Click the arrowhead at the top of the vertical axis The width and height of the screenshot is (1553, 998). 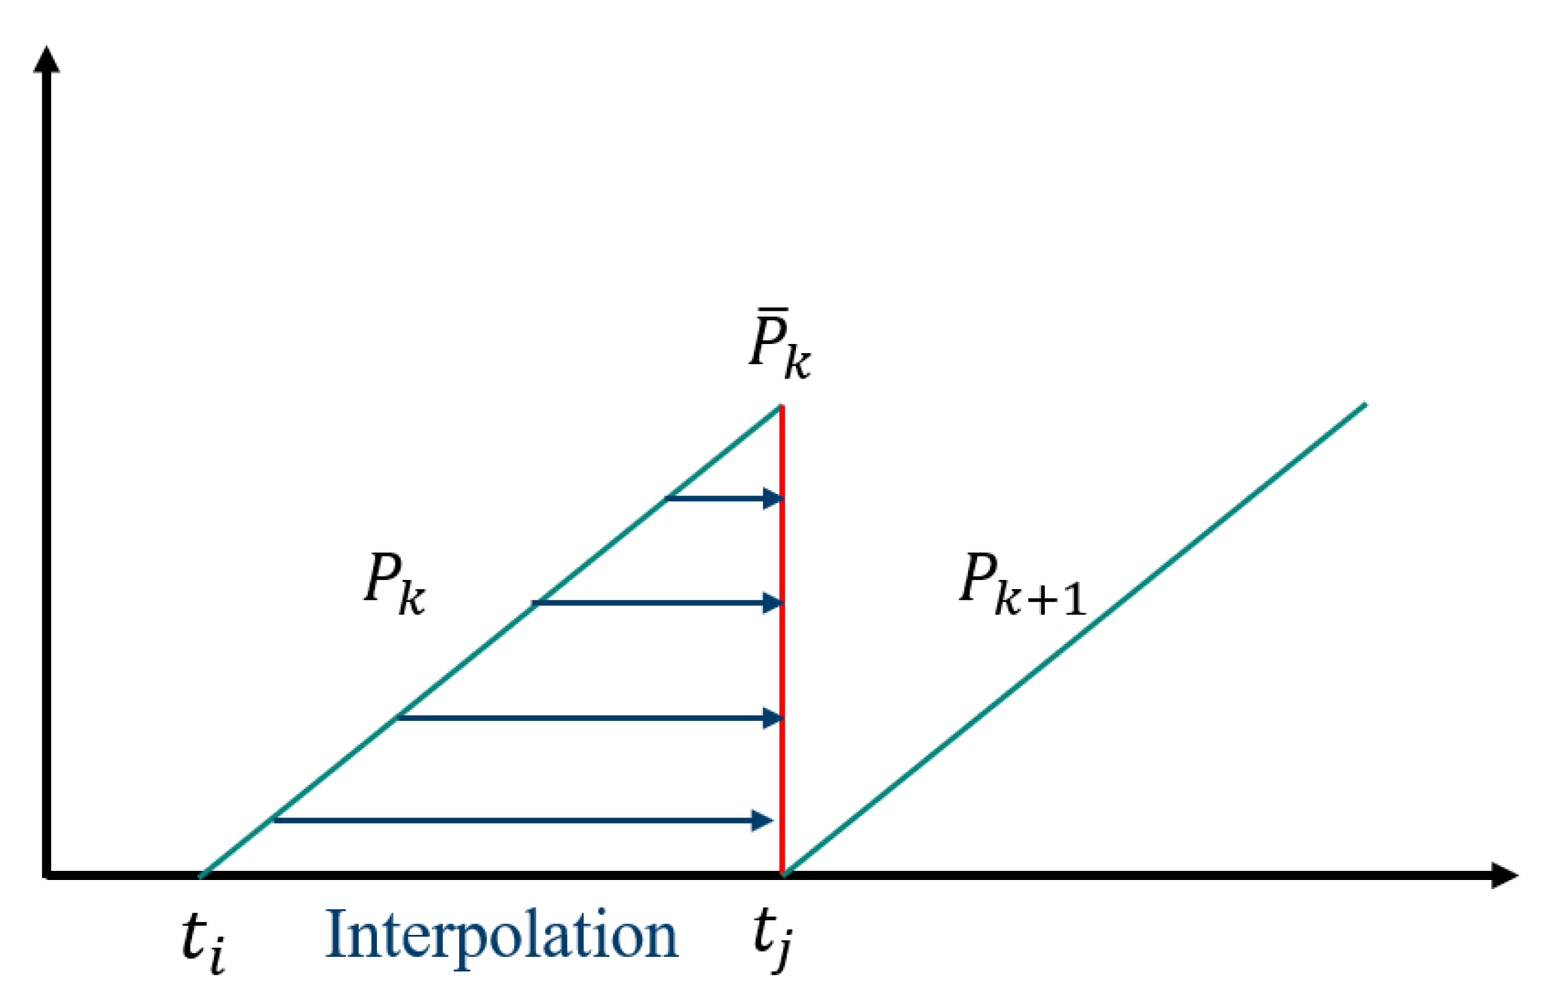pos(46,59)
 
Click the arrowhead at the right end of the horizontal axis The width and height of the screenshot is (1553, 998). pos(1504,875)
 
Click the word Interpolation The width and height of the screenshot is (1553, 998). pos(501,935)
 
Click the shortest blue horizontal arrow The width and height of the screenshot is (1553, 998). pos(724,499)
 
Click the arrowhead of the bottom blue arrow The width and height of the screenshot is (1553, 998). pos(762,820)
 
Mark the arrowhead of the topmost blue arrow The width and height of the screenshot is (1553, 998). pos(774,499)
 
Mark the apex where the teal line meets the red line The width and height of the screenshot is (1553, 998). pos(781,407)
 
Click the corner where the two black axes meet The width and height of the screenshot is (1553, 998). pos(47,875)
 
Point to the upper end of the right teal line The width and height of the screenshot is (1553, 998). pos(1366,404)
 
